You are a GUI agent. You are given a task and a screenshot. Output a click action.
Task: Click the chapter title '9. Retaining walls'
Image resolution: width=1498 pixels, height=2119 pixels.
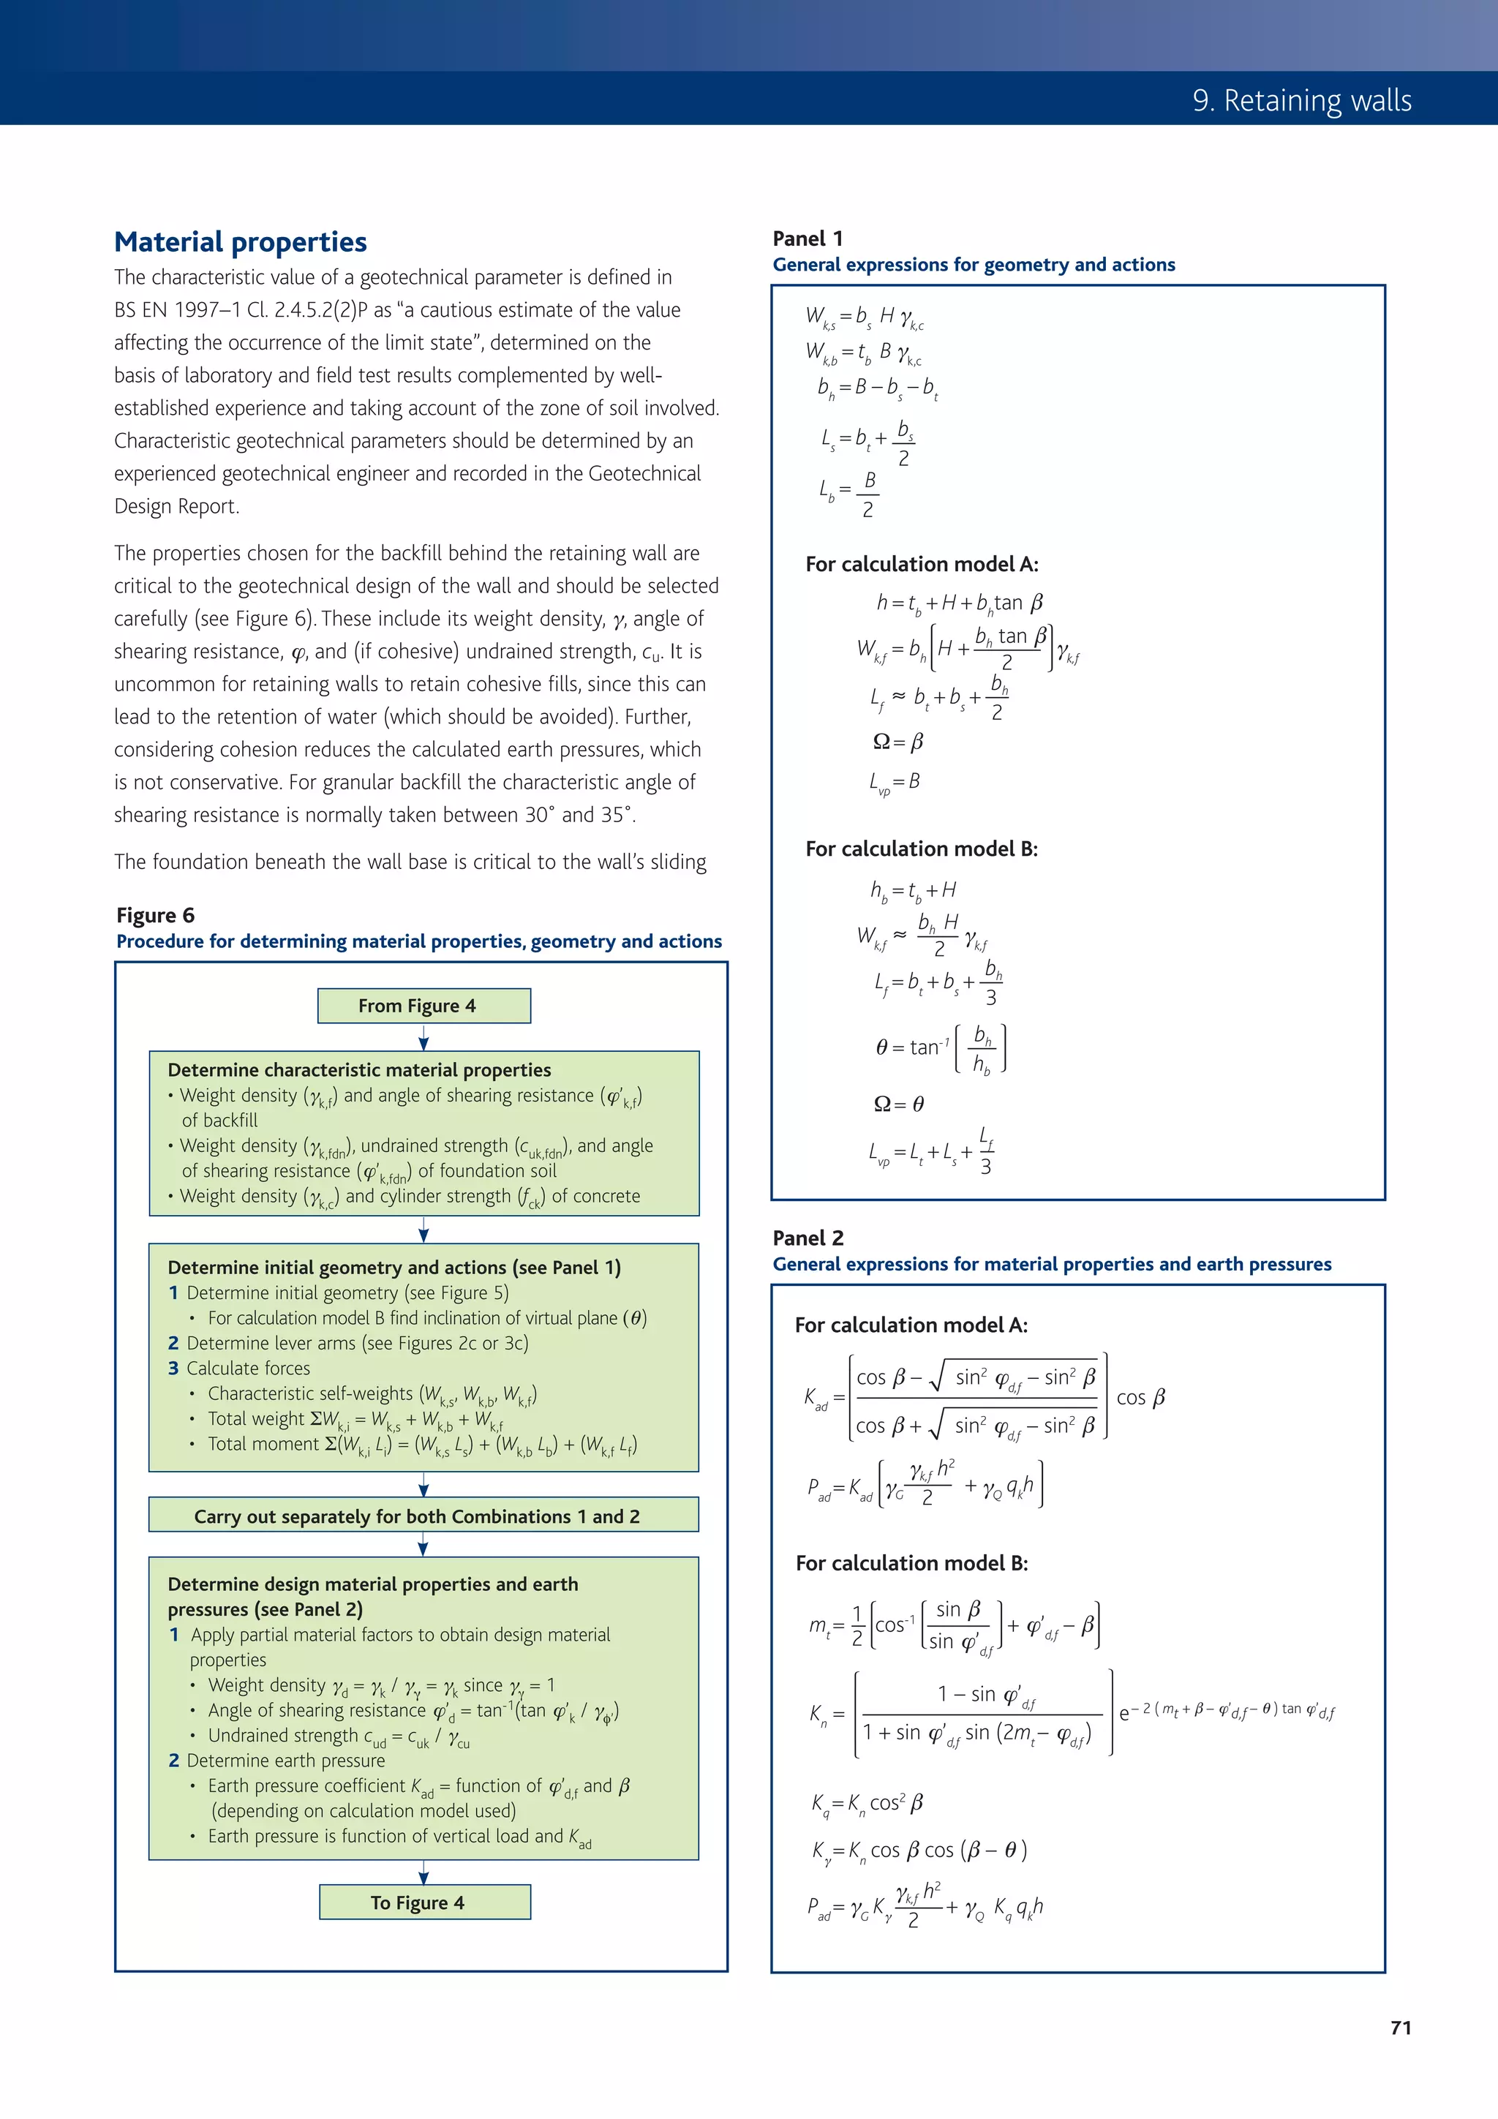(x=1301, y=99)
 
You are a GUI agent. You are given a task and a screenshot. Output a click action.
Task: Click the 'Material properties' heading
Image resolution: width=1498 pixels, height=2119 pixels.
(x=240, y=242)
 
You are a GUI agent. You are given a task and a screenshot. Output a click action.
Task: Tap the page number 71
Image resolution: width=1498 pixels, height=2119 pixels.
(x=1400, y=2028)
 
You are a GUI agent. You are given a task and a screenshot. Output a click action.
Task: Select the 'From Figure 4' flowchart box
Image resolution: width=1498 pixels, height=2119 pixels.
(x=424, y=1006)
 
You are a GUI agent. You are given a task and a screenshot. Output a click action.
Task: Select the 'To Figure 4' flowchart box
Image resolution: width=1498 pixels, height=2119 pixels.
(x=424, y=1902)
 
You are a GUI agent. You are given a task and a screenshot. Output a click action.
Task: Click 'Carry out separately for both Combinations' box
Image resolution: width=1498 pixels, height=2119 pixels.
(x=424, y=1516)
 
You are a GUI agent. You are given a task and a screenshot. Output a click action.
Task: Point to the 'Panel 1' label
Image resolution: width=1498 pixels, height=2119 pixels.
(x=808, y=239)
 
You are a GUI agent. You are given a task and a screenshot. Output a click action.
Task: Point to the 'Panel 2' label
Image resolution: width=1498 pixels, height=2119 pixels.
(x=808, y=1238)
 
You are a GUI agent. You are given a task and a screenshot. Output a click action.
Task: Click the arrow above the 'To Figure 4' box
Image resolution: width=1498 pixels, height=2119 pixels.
(x=424, y=1872)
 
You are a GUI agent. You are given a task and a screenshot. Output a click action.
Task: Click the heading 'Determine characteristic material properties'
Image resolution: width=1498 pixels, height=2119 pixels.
(x=359, y=1069)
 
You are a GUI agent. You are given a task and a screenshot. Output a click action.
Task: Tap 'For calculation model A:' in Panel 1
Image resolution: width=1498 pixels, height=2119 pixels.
(x=921, y=564)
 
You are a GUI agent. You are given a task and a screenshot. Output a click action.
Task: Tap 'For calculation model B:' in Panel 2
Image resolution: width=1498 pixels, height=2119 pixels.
(x=911, y=1562)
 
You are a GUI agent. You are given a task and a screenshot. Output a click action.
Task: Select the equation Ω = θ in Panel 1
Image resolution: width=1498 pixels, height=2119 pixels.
(x=898, y=1104)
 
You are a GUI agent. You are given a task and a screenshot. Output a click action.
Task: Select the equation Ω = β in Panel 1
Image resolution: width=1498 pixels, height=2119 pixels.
(x=898, y=742)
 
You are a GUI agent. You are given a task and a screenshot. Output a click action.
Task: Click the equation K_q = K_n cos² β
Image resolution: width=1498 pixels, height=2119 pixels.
(x=867, y=1803)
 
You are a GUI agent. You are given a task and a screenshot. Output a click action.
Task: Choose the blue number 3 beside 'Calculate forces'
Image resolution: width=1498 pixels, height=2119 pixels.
(x=173, y=1368)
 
